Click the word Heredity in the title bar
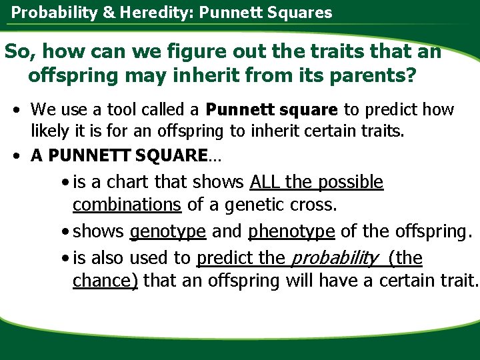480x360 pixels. pyautogui.click(x=140, y=12)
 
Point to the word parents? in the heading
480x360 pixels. pyautogui.click(x=375, y=75)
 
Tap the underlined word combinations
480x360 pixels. pyautogui.click(x=127, y=204)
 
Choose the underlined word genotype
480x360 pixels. pyautogui.click(x=168, y=231)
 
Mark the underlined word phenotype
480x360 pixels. pyautogui.click(x=292, y=231)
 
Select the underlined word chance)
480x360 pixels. pyautogui.click(x=105, y=281)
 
